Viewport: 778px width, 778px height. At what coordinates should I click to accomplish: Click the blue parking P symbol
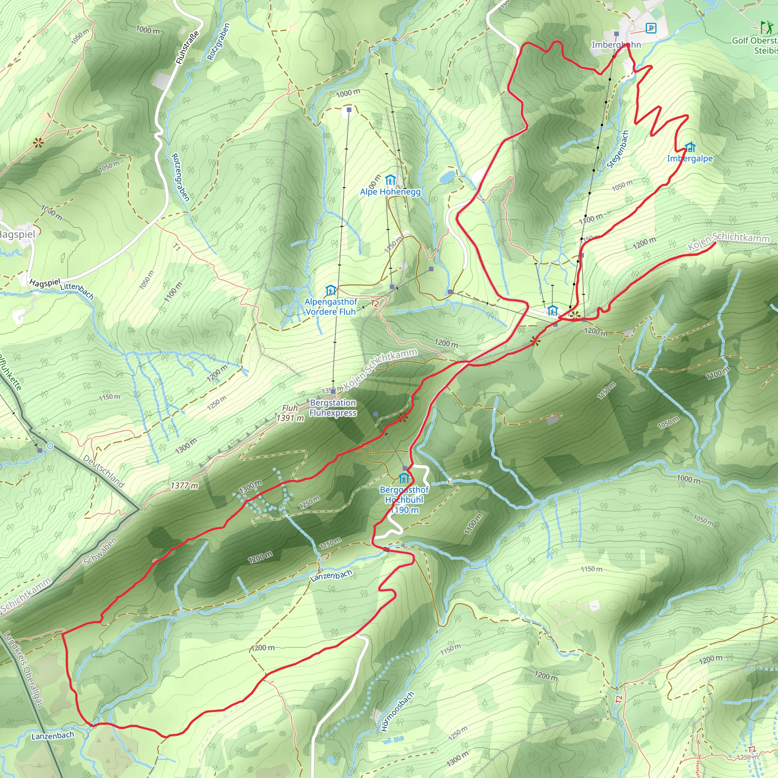651,28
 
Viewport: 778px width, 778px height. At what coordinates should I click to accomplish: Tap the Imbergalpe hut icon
690,147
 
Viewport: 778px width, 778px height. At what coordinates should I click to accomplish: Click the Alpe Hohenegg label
390,192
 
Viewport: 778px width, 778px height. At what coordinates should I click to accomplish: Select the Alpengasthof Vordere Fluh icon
330,290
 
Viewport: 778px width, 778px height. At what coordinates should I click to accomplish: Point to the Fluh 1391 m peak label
290,413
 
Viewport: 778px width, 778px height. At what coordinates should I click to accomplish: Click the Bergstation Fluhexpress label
333,408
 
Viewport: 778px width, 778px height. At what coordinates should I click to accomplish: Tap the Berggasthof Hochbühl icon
404,479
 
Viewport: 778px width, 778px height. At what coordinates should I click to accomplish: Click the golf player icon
766,27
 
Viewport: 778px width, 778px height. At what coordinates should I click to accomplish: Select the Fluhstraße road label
187,47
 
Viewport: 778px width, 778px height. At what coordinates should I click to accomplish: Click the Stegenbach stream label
617,149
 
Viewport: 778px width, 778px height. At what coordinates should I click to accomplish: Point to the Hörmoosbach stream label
397,712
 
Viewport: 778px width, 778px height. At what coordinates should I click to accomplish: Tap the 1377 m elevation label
184,485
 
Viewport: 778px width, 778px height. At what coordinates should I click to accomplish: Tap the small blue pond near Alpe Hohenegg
447,176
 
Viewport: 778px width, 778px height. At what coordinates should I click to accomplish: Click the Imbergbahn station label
616,45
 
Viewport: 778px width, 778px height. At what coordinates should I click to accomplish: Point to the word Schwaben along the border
100,551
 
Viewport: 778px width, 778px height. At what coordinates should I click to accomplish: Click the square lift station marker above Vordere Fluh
349,109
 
